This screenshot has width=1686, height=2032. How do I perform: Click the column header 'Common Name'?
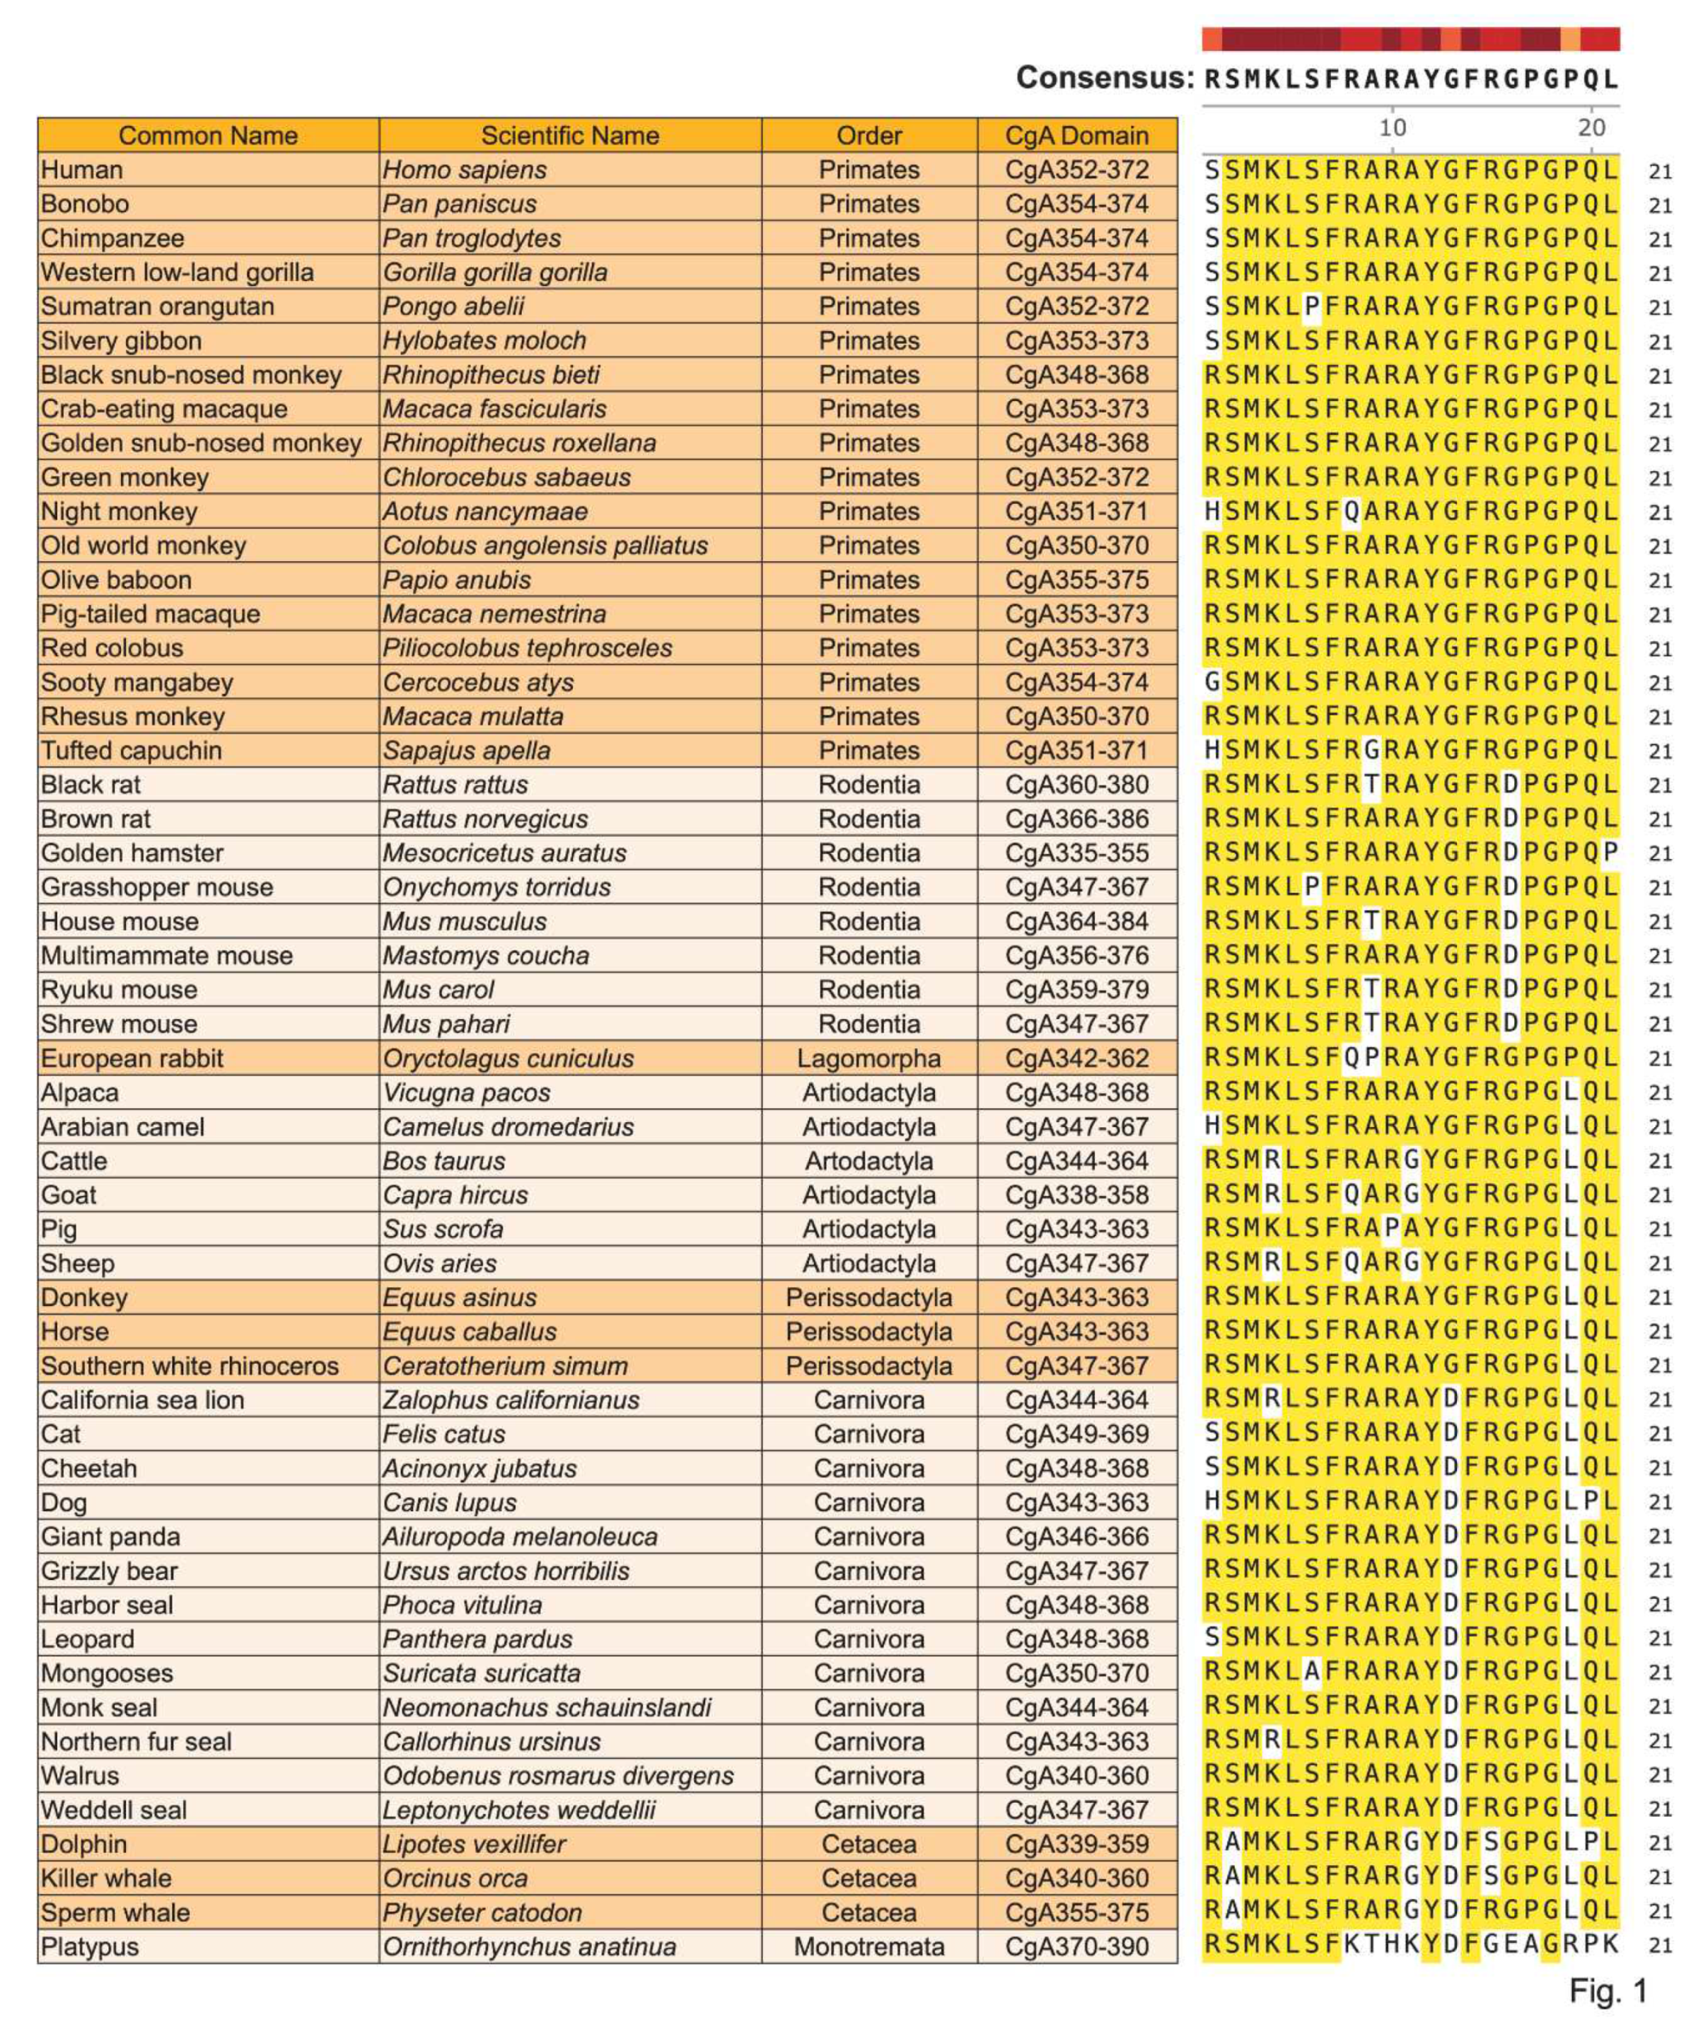208,135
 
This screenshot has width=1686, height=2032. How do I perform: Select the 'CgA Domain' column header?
1076,135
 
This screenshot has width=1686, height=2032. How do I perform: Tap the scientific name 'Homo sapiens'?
465,171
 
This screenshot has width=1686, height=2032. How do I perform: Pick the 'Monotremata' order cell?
868,1946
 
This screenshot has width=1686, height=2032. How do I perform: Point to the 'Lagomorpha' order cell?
868,1058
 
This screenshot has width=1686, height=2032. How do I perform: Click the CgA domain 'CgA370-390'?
1076,1946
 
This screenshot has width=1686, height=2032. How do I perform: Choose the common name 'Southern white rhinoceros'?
190,1366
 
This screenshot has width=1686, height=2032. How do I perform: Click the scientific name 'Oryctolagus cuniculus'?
508,1058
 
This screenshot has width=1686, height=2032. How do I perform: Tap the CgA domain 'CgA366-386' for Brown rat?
1076,819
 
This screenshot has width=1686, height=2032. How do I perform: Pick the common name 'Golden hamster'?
132,853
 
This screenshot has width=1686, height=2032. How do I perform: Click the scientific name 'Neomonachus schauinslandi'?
547,1707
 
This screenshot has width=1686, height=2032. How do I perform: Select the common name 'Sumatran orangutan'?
158,307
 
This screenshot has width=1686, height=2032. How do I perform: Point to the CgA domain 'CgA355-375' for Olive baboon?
1076,579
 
